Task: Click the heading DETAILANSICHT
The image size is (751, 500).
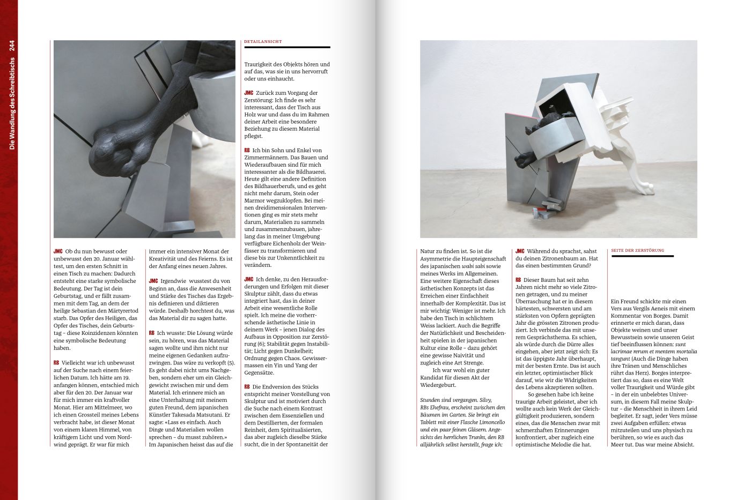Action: pyautogui.click(x=263, y=41)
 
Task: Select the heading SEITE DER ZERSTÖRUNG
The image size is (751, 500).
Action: pyautogui.click(x=637, y=250)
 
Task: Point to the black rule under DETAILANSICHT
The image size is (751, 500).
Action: pyautogui.click(x=287, y=47)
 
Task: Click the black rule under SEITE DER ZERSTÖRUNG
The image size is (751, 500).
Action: pyautogui.click(x=642, y=256)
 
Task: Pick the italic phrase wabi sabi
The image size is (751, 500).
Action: pyautogui.click(x=470, y=266)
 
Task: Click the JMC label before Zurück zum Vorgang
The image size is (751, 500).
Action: pyautogui.click(x=248, y=93)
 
